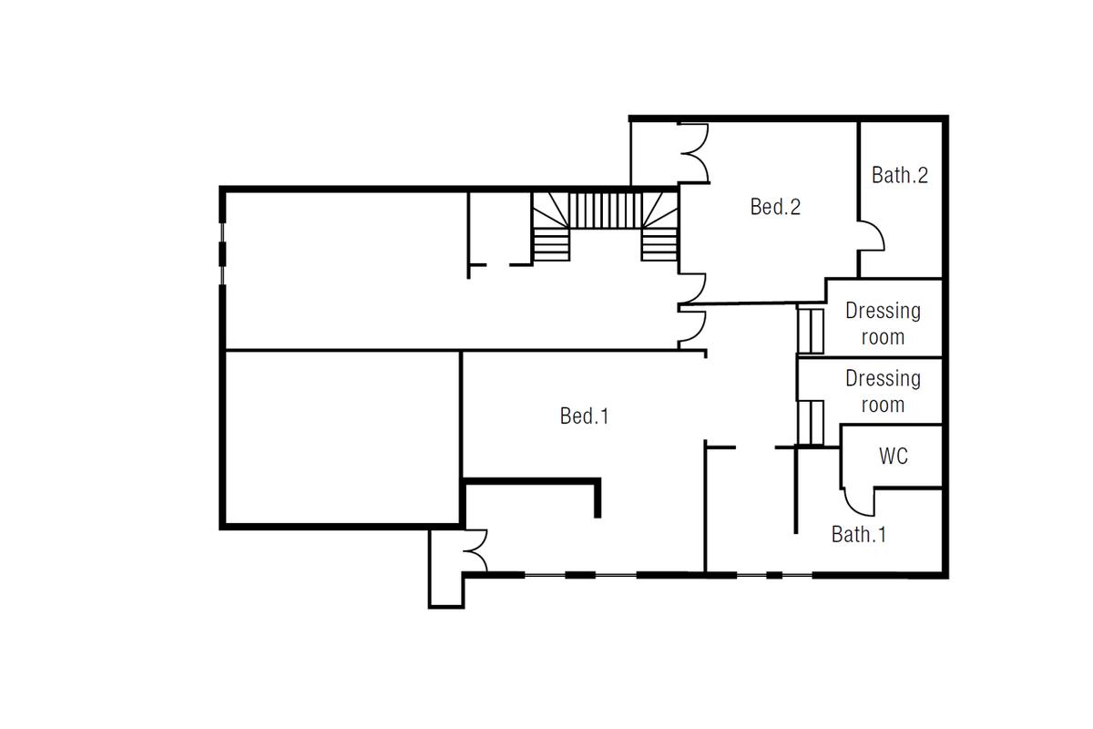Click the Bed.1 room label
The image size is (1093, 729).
[x=584, y=416]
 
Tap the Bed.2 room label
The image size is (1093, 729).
[x=775, y=207]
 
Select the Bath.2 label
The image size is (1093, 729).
[x=900, y=175]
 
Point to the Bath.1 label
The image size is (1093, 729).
[x=859, y=534]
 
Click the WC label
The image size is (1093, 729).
[x=894, y=456]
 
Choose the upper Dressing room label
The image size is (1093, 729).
[x=884, y=323]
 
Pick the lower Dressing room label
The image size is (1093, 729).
[x=884, y=392]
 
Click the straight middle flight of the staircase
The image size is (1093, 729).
[x=605, y=210]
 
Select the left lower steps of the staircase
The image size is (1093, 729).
[x=551, y=244]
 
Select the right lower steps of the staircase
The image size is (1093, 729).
[x=659, y=244]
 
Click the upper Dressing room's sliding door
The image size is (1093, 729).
[x=811, y=331]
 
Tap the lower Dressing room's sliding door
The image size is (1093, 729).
[x=811, y=423]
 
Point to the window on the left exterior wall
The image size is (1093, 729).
[x=222, y=254]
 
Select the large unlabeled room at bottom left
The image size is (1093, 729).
[x=342, y=437]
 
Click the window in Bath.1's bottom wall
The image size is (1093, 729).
[x=774, y=576]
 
